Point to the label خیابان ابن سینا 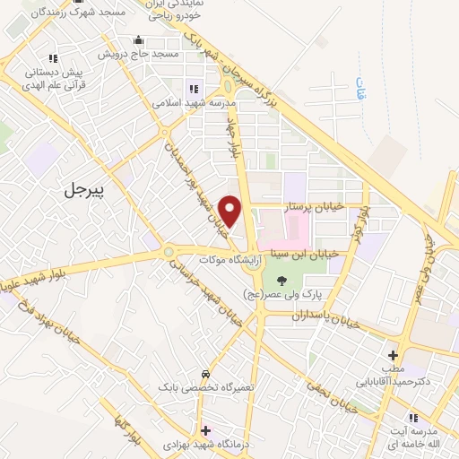tap(308, 254)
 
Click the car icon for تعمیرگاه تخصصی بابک tap(205, 373)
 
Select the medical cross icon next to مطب tap(392, 355)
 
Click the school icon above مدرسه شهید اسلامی tap(193, 88)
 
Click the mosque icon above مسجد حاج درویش tap(138, 40)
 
